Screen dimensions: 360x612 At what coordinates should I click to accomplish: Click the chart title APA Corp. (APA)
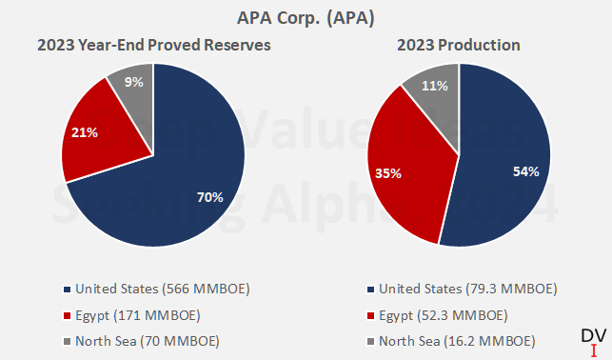coord(306,17)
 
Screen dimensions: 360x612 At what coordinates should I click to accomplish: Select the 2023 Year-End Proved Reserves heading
coord(154,45)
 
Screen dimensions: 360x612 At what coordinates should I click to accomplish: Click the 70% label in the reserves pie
coord(209,197)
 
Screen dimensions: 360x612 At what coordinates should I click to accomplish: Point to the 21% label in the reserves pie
coord(85,132)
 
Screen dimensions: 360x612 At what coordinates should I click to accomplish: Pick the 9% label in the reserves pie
coord(134,82)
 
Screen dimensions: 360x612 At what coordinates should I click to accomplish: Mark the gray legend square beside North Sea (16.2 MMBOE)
coord(370,341)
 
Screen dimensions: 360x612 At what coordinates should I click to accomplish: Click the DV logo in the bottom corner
coord(591,335)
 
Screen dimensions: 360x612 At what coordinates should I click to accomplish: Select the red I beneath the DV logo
coord(593,350)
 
